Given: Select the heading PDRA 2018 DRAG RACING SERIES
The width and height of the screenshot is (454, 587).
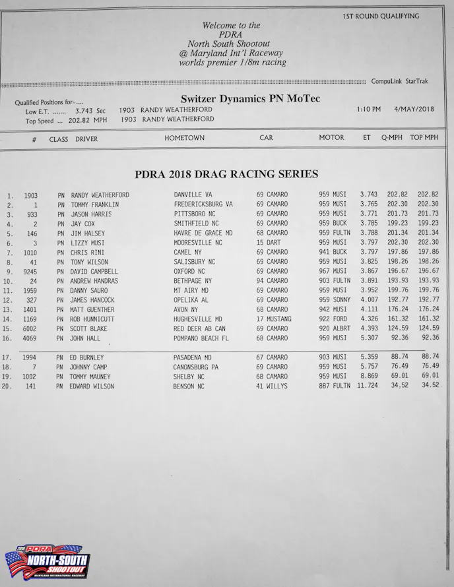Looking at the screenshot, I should [226, 175].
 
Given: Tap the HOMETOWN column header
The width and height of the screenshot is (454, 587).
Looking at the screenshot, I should [185, 139].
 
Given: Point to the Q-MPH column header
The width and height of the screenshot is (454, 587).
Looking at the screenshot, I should [392, 139].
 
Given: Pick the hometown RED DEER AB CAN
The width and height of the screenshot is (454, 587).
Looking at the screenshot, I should [199, 328].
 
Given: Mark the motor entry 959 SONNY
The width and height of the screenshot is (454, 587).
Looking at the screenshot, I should [335, 300].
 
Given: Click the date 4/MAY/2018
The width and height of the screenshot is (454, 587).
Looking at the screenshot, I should [414, 109].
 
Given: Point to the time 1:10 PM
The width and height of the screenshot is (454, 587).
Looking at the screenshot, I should [369, 109].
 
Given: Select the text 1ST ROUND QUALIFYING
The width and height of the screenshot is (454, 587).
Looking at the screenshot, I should [381, 16].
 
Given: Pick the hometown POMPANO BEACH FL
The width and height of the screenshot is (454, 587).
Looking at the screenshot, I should [201, 338].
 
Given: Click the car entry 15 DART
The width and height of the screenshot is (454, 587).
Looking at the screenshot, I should [269, 243].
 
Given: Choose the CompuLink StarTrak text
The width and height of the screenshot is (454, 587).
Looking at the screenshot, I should [399, 81].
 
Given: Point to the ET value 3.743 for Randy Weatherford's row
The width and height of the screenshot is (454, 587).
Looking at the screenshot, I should [369, 195].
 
